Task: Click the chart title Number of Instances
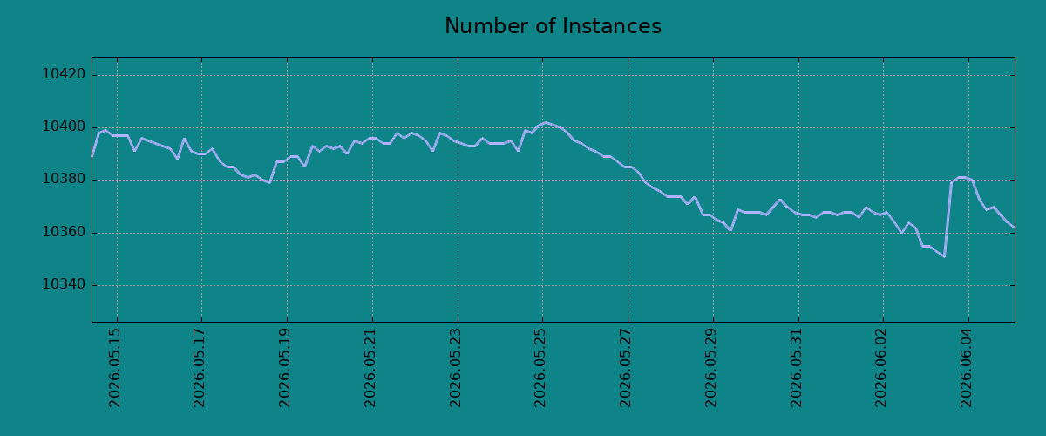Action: [x=553, y=26]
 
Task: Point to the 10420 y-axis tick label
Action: [x=64, y=74]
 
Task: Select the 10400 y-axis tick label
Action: [x=64, y=127]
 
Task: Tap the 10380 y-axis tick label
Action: [x=64, y=180]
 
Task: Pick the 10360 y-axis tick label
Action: [x=64, y=232]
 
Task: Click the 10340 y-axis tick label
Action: [x=64, y=284]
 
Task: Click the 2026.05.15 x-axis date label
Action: [x=114, y=368]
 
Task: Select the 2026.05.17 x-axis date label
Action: [x=199, y=368]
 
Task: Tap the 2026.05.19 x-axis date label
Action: [x=284, y=368]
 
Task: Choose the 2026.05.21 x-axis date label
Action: [x=370, y=368]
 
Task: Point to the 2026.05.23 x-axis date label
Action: [x=455, y=368]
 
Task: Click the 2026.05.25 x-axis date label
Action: [x=540, y=368]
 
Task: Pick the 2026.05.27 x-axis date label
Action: [x=625, y=368]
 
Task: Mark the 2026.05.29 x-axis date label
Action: [x=710, y=368]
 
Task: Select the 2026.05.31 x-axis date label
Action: [x=796, y=368]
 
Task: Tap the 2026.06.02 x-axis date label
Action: [x=880, y=368]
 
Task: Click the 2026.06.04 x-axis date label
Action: [x=966, y=368]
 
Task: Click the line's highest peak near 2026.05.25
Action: [x=546, y=122]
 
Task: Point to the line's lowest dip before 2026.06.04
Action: [x=944, y=256]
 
